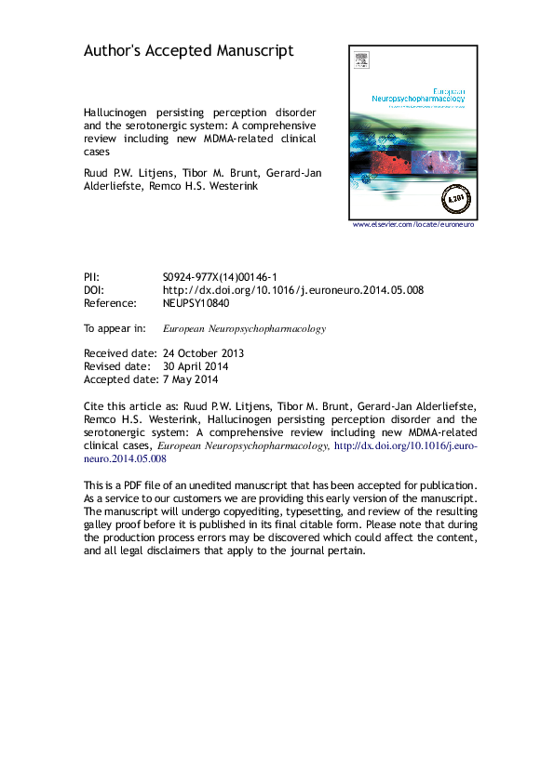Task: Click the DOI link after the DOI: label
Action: (292, 290)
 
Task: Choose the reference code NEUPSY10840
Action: (196, 303)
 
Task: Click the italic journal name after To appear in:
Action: (244, 328)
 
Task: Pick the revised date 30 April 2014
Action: (196, 366)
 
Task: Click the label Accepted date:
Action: (116, 379)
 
